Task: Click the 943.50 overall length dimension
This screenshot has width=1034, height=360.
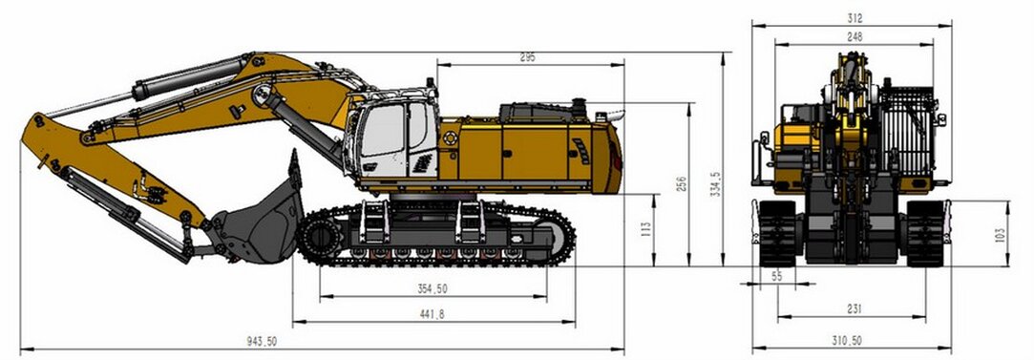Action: tap(262, 341)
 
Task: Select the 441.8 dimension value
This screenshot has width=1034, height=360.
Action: tap(431, 314)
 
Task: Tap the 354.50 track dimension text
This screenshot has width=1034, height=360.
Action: tap(433, 288)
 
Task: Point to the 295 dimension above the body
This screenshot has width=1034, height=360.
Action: tap(527, 57)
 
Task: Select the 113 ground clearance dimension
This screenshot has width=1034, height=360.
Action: tap(646, 229)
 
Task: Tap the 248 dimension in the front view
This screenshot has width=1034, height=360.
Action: tap(855, 37)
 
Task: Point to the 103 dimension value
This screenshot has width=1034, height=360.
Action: tap(1000, 235)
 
